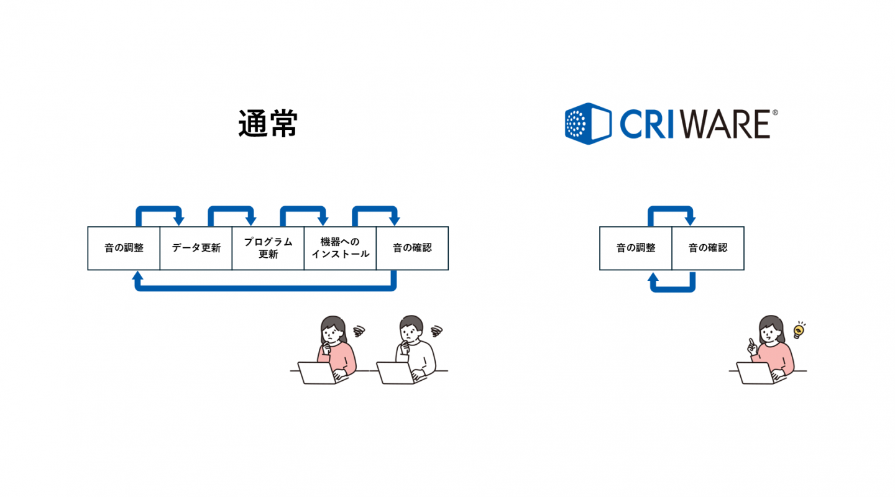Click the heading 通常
268,124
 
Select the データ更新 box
196,248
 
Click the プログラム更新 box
268,248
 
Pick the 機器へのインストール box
340,248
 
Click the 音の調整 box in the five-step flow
124,248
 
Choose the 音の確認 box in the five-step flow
412,248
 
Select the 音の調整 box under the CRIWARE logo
636,248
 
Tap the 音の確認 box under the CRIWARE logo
708,248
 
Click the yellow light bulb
798,331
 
